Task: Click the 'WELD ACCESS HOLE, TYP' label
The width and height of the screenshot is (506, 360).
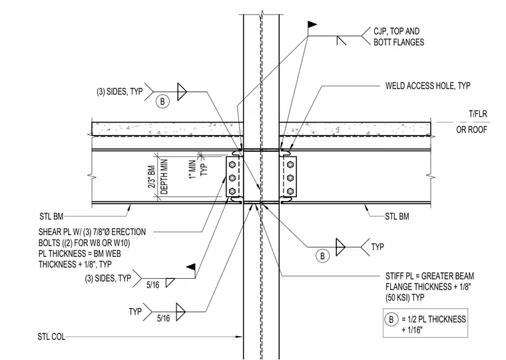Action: point(427,86)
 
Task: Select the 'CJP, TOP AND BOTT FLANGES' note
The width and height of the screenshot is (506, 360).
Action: point(399,37)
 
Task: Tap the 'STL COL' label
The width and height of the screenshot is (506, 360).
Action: point(51,337)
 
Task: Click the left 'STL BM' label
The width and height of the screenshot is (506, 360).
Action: point(51,216)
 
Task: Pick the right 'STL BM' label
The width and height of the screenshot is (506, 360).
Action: point(397,216)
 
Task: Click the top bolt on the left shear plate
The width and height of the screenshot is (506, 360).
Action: point(232,165)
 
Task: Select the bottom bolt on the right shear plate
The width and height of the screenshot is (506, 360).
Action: point(290,191)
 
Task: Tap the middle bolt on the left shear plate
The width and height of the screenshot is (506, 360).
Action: point(232,178)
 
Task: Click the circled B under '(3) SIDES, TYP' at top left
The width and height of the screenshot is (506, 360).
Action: point(162,102)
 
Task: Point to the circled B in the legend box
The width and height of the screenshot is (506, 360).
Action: point(391,319)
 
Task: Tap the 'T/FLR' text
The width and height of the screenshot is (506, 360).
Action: point(478,114)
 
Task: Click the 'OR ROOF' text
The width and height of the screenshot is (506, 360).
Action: point(471,130)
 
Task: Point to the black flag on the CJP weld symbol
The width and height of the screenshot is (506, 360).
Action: point(312,25)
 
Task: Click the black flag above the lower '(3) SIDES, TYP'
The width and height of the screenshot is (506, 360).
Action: point(191,267)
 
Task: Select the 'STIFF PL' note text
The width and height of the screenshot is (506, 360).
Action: point(429,286)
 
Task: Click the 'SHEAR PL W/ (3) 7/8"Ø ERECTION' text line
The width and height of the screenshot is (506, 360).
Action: point(92,232)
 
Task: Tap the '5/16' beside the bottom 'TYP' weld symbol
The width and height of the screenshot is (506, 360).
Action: point(163,318)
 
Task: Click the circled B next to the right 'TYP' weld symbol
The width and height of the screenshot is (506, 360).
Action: point(322,256)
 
